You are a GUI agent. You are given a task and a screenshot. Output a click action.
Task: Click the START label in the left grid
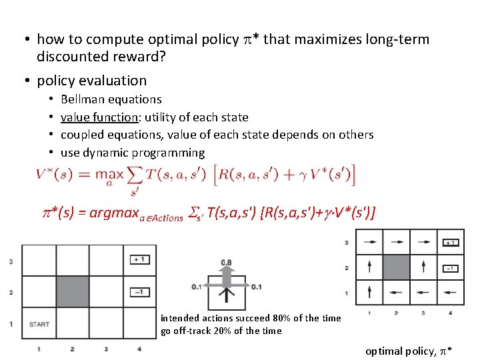click(x=39, y=325)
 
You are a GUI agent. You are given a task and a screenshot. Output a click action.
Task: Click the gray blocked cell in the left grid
click(x=73, y=291)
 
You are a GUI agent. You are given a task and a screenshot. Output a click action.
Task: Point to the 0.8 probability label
click(x=227, y=263)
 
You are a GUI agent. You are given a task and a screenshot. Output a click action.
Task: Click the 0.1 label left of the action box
click(x=196, y=287)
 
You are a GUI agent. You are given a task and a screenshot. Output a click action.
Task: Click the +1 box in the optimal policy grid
click(x=450, y=243)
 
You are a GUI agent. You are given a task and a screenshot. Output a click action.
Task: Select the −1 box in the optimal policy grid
click(x=450, y=269)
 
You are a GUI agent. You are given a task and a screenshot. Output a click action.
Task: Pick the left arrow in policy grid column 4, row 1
click(x=450, y=292)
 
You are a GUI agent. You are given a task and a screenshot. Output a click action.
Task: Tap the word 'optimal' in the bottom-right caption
click(x=383, y=351)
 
